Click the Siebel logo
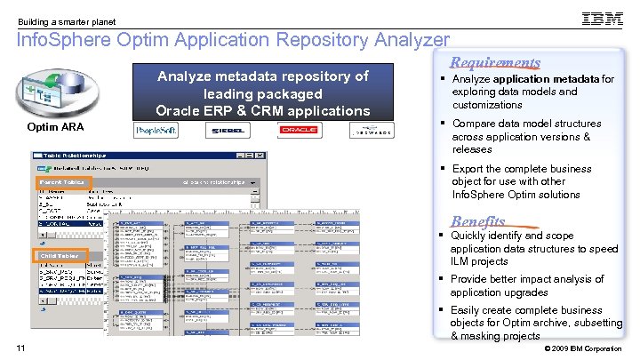[x=228, y=131]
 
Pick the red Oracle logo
[x=298, y=131]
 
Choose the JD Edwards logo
[x=369, y=131]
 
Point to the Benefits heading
[x=478, y=221]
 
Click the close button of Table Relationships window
[x=259, y=156]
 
